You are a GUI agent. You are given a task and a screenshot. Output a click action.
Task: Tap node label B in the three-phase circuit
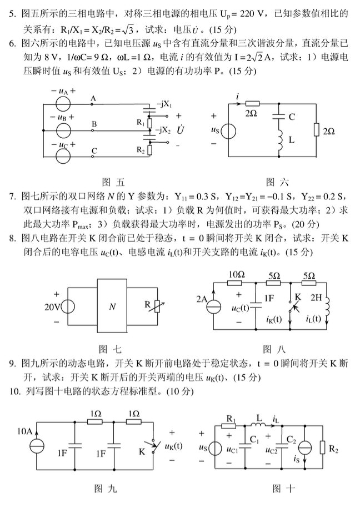[94, 124]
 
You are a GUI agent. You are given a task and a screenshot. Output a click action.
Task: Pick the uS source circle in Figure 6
[229, 132]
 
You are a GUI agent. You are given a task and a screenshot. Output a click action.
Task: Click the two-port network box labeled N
[113, 306]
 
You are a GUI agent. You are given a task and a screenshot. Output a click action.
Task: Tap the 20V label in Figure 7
[53, 307]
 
